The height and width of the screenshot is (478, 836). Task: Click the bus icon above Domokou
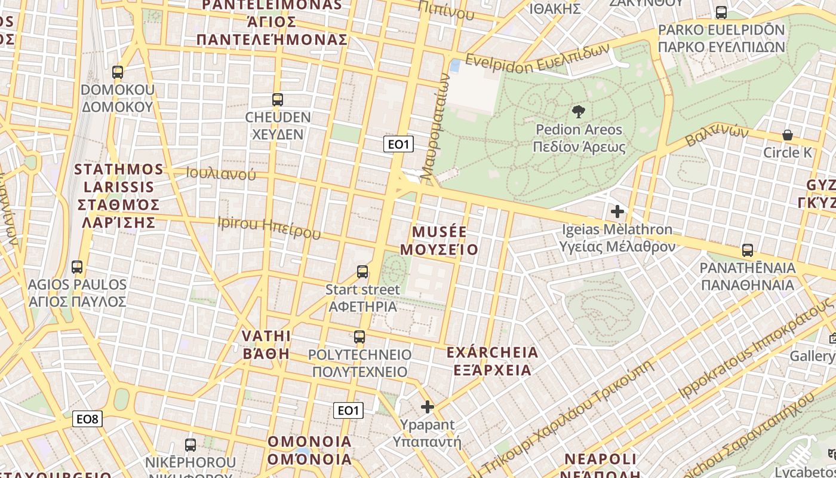click(118, 72)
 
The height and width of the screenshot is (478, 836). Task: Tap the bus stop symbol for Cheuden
click(277, 100)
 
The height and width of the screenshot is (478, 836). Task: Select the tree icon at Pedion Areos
click(577, 111)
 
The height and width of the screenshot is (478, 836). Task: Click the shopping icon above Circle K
click(788, 135)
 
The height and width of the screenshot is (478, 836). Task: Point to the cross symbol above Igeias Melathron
click(617, 212)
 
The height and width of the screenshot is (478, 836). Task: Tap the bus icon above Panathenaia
click(747, 250)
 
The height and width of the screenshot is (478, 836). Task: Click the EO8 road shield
click(87, 419)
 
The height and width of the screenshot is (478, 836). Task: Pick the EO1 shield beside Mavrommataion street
click(398, 144)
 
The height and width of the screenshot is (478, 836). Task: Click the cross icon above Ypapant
click(427, 407)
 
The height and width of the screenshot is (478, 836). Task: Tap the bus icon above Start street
click(362, 272)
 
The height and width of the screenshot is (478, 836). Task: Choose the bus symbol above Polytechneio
click(359, 337)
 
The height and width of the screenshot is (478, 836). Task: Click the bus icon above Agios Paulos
click(76, 267)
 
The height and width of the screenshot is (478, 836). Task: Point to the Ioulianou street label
click(220, 174)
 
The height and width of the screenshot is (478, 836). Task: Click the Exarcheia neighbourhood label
click(492, 361)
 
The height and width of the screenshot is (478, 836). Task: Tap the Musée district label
click(439, 240)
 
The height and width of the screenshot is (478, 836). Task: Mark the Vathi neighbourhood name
click(266, 344)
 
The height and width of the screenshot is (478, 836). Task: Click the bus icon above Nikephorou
click(190, 445)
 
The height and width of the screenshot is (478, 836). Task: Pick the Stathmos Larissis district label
click(119, 195)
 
